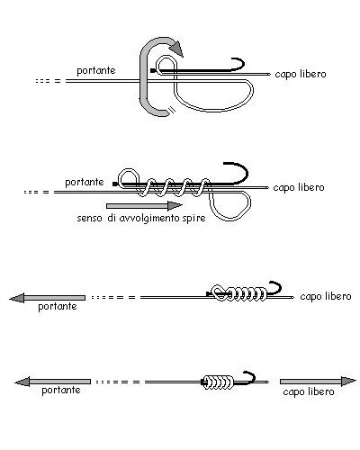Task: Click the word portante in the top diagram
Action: (x=96, y=71)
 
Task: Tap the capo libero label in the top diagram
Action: (x=301, y=74)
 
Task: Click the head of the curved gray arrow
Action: (x=176, y=48)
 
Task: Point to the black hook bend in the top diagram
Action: (x=239, y=64)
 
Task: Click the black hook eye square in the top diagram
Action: (x=153, y=71)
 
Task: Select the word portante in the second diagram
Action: (x=85, y=183)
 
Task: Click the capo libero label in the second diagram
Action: (x=299, y=187)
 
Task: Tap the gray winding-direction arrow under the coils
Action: (x=145, y=206)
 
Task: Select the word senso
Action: (x=89, y=219)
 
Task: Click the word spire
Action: (x=193, y=219)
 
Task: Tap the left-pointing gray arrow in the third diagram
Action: (x=48, y=298)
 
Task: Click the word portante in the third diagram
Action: (x=58, y=307)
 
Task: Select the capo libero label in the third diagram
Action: (x=326, y=296)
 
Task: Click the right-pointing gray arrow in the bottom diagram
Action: (x=318, y=382)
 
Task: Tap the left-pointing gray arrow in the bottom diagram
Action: (x=53, y=382)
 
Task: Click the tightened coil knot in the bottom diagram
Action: (x=218, y=382)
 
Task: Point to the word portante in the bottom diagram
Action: (x=61, y=391)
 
